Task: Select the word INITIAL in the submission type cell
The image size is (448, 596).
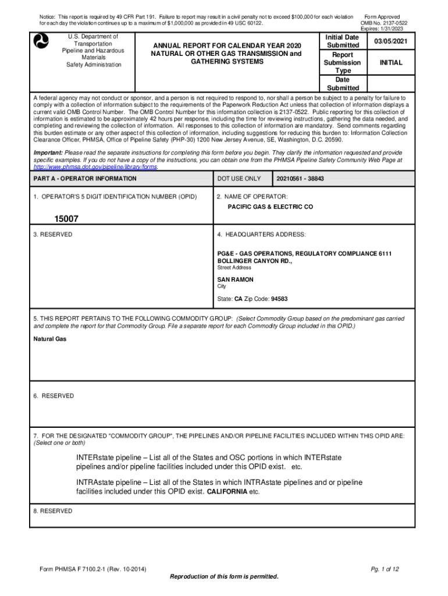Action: pyautogui.click(x=391, y=62)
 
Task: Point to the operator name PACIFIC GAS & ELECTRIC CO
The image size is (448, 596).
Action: pyautogui.click(x=269, y=207)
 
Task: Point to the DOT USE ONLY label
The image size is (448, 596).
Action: pyautogui.click(x=239, y=179)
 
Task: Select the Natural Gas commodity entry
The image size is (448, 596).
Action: pyautogui.click(x=50, y=338)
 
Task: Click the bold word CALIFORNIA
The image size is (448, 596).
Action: pyautogui.click(x=227, y=491)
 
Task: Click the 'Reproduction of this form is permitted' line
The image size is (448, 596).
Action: pyautogui.click(x=224, y=576)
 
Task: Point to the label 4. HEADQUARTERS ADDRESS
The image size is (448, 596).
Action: pyautogui.click(x=261, y=234)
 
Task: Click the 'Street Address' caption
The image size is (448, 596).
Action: pyautogui.click(x=234, y=268)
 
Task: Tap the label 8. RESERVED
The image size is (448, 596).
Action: pyautogui.click(x=53, y=511)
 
